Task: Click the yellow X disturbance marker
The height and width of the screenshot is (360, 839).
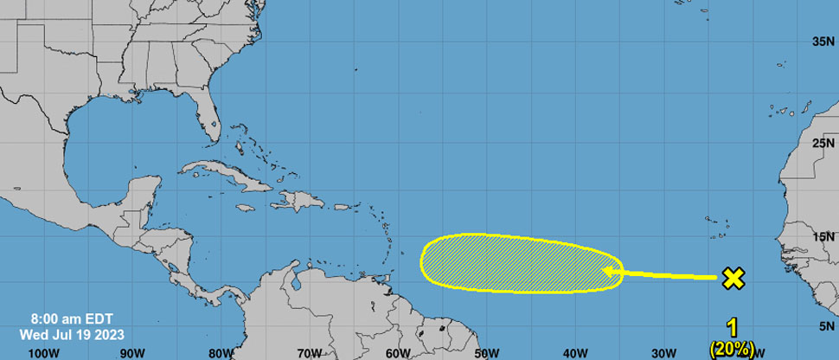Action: (x=733, y=278)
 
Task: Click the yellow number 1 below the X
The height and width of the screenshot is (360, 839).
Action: (x=732, y=329)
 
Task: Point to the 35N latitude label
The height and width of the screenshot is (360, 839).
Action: (x=823, y=41)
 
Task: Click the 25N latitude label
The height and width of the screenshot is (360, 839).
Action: (x=823, y=141)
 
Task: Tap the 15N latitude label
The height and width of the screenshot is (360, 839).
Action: (x=823, y=236)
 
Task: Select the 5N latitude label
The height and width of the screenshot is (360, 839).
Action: (x=826, y=326)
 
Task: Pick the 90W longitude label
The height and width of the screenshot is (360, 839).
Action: (x=132, y=353)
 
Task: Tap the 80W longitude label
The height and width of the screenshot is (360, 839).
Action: (x=221, y=353)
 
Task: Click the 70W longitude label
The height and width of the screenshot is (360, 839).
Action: (x=309, y=353)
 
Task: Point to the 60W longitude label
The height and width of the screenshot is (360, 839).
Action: (x=398, y=353)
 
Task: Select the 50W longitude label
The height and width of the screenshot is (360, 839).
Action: (x=486, y=353)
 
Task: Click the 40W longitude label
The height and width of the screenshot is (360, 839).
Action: (x=574, y=353)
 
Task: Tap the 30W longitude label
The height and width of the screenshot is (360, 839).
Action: (x=663, y=353)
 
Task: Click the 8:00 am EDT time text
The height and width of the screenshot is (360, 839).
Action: (x=73, y=318)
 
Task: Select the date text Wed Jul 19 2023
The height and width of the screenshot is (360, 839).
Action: (x=73, y=333)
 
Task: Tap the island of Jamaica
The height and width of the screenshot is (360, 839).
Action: (x=245, y=209)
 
